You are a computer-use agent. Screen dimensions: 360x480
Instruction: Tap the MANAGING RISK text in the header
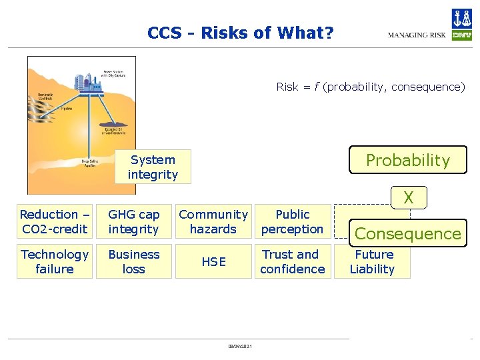point(417,35)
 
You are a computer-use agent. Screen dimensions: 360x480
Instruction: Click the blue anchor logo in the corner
point(461,18)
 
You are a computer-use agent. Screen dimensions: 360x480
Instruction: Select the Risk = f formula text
point(371,87)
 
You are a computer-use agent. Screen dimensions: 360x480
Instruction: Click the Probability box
point(408,160)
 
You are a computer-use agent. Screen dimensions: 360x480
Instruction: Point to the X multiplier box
point(408,197)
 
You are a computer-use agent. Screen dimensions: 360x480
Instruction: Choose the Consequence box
point(408,233)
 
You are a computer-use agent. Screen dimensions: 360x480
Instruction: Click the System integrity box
point(153,167)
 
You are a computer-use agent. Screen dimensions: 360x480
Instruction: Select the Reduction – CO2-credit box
point(54,222)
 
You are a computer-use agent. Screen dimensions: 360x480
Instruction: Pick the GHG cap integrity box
point(134,222)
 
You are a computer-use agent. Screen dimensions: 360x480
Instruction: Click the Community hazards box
point(213,222)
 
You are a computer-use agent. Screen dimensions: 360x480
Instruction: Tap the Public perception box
point(293,222)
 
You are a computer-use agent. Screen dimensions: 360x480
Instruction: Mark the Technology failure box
point(54,261)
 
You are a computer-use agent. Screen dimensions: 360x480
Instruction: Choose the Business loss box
point(134,261)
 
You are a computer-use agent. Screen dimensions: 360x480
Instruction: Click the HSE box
point(213,261)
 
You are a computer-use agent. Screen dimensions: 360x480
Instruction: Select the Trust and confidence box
point(293,261)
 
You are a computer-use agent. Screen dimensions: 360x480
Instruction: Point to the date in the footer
point(239,345)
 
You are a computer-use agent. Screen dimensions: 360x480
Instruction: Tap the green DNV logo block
point(461,35)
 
